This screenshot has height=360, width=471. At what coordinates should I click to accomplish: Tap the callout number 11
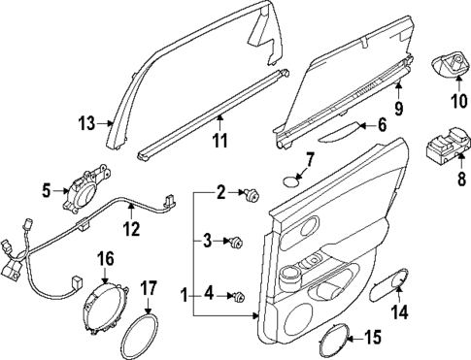(219, 142)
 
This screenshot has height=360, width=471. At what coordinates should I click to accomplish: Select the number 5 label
(47, 189)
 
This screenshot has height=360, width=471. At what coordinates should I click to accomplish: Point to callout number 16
(104, 258)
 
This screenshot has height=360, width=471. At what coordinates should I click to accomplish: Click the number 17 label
(149, 288)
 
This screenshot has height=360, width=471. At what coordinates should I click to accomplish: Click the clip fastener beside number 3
(236, 241)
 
